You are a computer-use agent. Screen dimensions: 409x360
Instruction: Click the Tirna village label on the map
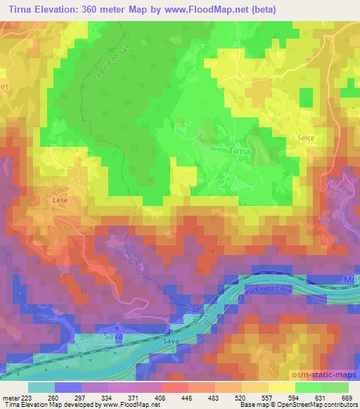[x=240, y=151]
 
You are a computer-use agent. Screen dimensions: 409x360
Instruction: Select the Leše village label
[x=60, y=200]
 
